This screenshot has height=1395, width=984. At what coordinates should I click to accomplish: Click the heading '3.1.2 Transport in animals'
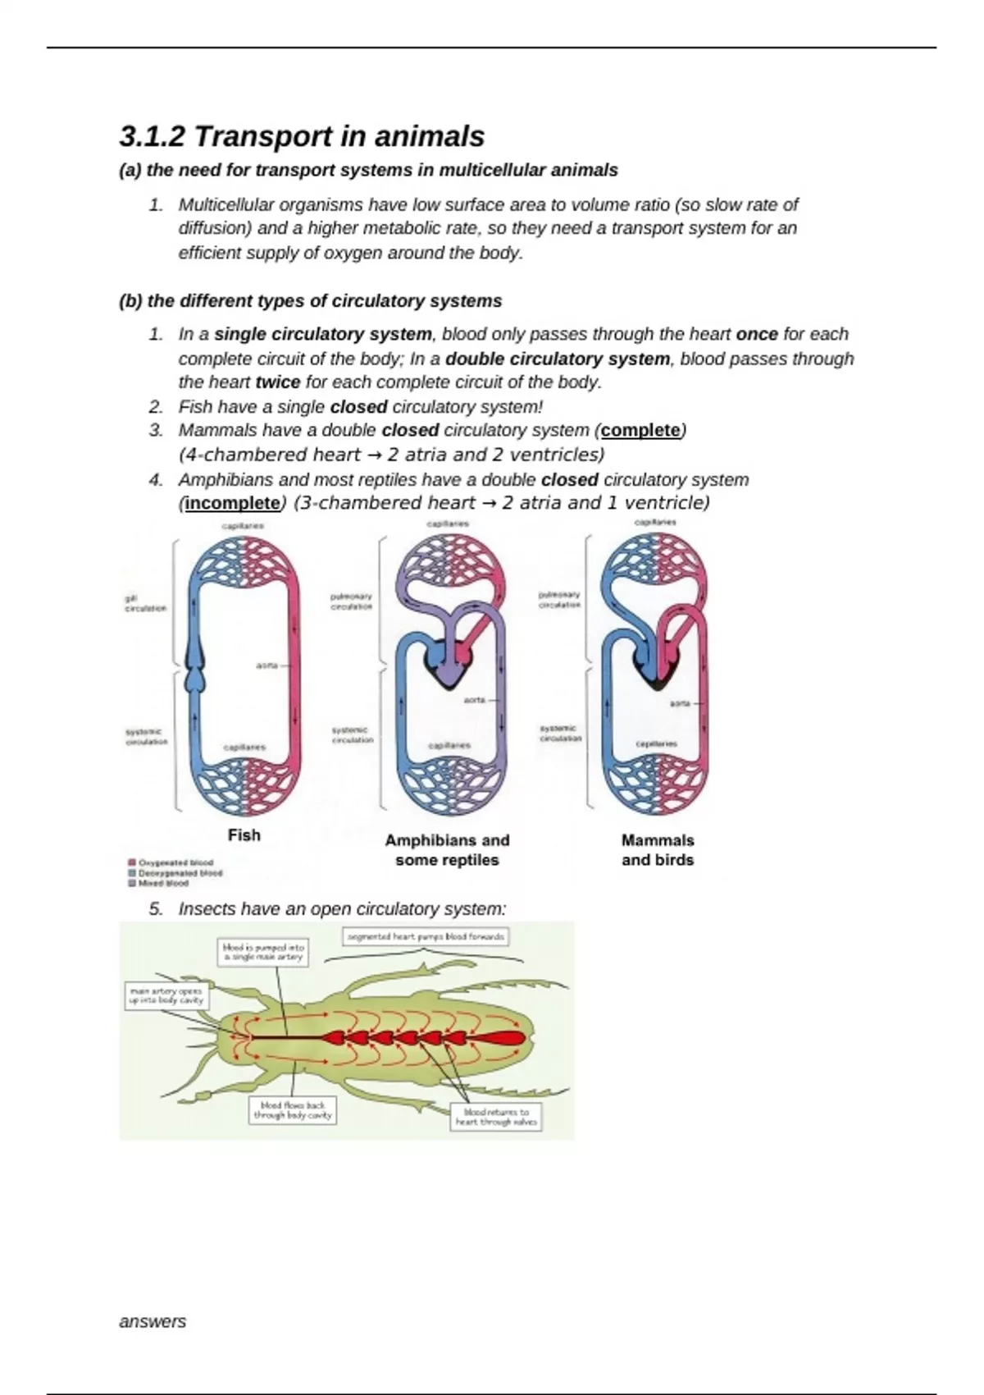[x=302, y=136]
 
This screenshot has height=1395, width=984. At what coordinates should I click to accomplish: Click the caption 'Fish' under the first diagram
[x=244, y=835]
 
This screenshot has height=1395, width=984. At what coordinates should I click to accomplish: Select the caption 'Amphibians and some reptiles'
[x=447, y=850]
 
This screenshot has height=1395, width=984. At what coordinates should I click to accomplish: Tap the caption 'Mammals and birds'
[x=658, y=850]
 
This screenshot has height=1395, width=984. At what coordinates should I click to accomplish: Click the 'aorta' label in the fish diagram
[x=266, y=665]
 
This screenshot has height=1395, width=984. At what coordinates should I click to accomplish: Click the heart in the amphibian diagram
[x=448, y=661]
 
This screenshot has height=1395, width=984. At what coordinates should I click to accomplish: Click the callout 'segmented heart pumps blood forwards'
[x=425, y=936]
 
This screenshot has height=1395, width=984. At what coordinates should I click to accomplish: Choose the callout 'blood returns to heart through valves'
[x=496, y=1117]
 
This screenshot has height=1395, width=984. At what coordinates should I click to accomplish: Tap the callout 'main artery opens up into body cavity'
[x=166, y=995]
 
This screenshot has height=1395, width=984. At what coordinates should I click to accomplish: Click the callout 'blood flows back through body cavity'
[x=293, y=1110]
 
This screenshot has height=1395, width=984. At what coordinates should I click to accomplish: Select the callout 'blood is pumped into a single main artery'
[x=263, y=952]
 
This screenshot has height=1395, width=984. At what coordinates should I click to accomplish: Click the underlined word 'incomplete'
[x=232, y=503]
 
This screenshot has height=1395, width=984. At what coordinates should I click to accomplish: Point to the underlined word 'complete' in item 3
[x=640, y=431]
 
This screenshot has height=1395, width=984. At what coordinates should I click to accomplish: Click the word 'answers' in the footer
[x=153, y=1322]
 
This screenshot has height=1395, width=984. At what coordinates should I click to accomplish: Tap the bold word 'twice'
[x=277, y=382]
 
